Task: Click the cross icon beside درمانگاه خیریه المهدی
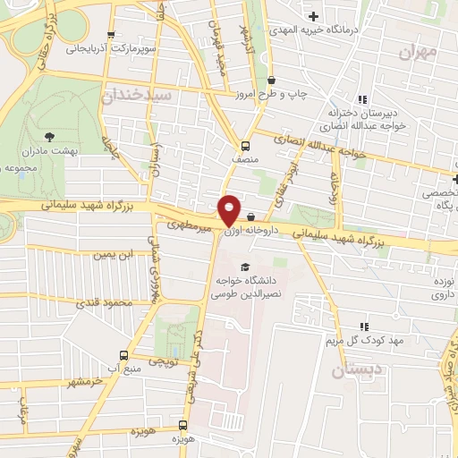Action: pyautogui.click(x=313, y=16)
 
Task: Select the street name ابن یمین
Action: pyautogui.click(x=113, y=255)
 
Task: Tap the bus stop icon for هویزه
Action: pyautogui.click(x=182, y=426)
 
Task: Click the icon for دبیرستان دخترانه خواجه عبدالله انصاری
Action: pyautogui.click(x=361, y=99)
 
